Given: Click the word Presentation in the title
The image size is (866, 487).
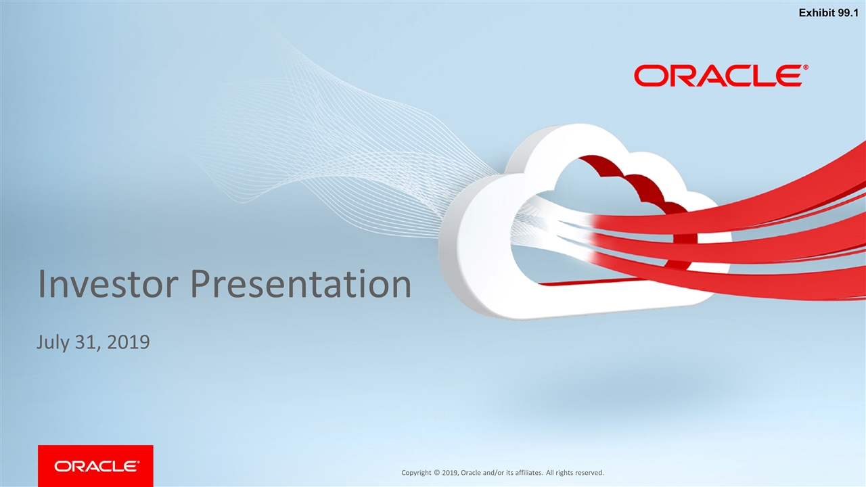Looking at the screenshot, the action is tap(301, 283).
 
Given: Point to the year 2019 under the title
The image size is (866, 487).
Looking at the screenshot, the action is tap(129, 342).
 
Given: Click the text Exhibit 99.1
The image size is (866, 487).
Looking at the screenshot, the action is tap(829, 13).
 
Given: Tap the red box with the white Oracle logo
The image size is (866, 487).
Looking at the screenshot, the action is tap(95, 466).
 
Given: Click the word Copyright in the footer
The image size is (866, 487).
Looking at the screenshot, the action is tap(416, 473).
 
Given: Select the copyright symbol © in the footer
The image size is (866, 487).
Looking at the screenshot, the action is tap(437, 473).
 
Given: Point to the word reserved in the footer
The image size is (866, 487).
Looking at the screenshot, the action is tap(589, 472).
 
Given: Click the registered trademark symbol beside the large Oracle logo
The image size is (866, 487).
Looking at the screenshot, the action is tap(806, 67).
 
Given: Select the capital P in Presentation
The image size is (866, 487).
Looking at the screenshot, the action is tap(201, 283).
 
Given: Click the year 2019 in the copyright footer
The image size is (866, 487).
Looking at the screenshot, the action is tap(451, 472).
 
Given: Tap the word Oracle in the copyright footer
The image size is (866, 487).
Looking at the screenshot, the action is tap(471, 472).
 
